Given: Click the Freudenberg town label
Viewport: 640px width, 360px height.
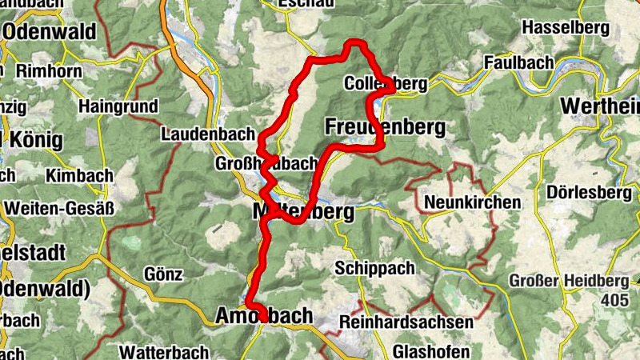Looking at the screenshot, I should click(384, 126).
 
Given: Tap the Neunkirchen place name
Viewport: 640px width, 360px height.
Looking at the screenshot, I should click(471, 202).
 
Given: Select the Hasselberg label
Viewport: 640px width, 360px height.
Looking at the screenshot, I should click(566, 28).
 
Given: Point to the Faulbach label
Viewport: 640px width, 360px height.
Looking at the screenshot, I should click(515, 62).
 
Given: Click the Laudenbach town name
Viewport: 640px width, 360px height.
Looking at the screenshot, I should click(207, 134).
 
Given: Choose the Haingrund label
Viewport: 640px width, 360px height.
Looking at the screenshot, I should click(115, 106).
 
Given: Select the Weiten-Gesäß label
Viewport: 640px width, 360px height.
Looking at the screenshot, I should click(59, 208).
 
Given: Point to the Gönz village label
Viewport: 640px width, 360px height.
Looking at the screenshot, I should click(164, 274).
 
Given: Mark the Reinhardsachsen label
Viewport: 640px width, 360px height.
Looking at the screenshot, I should click(406, 322).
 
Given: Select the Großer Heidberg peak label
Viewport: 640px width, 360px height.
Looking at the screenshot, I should click(570, 281).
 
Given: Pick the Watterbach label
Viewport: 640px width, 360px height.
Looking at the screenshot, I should click(163, 351).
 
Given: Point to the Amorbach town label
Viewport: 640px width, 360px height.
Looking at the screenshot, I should click(265, 317).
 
